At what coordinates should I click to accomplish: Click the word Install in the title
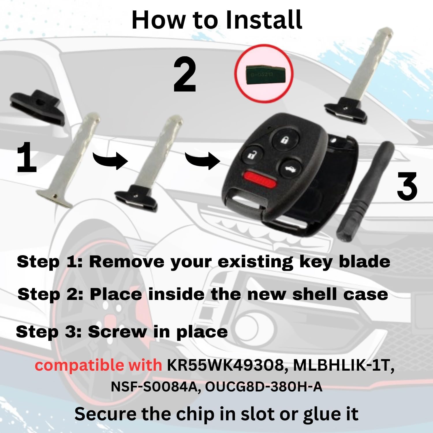263,20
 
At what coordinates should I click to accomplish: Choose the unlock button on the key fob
250,154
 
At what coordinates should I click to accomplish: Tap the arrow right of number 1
110,160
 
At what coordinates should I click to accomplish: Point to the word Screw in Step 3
117,332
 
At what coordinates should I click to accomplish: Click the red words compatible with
98,365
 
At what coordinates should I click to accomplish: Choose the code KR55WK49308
225,365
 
